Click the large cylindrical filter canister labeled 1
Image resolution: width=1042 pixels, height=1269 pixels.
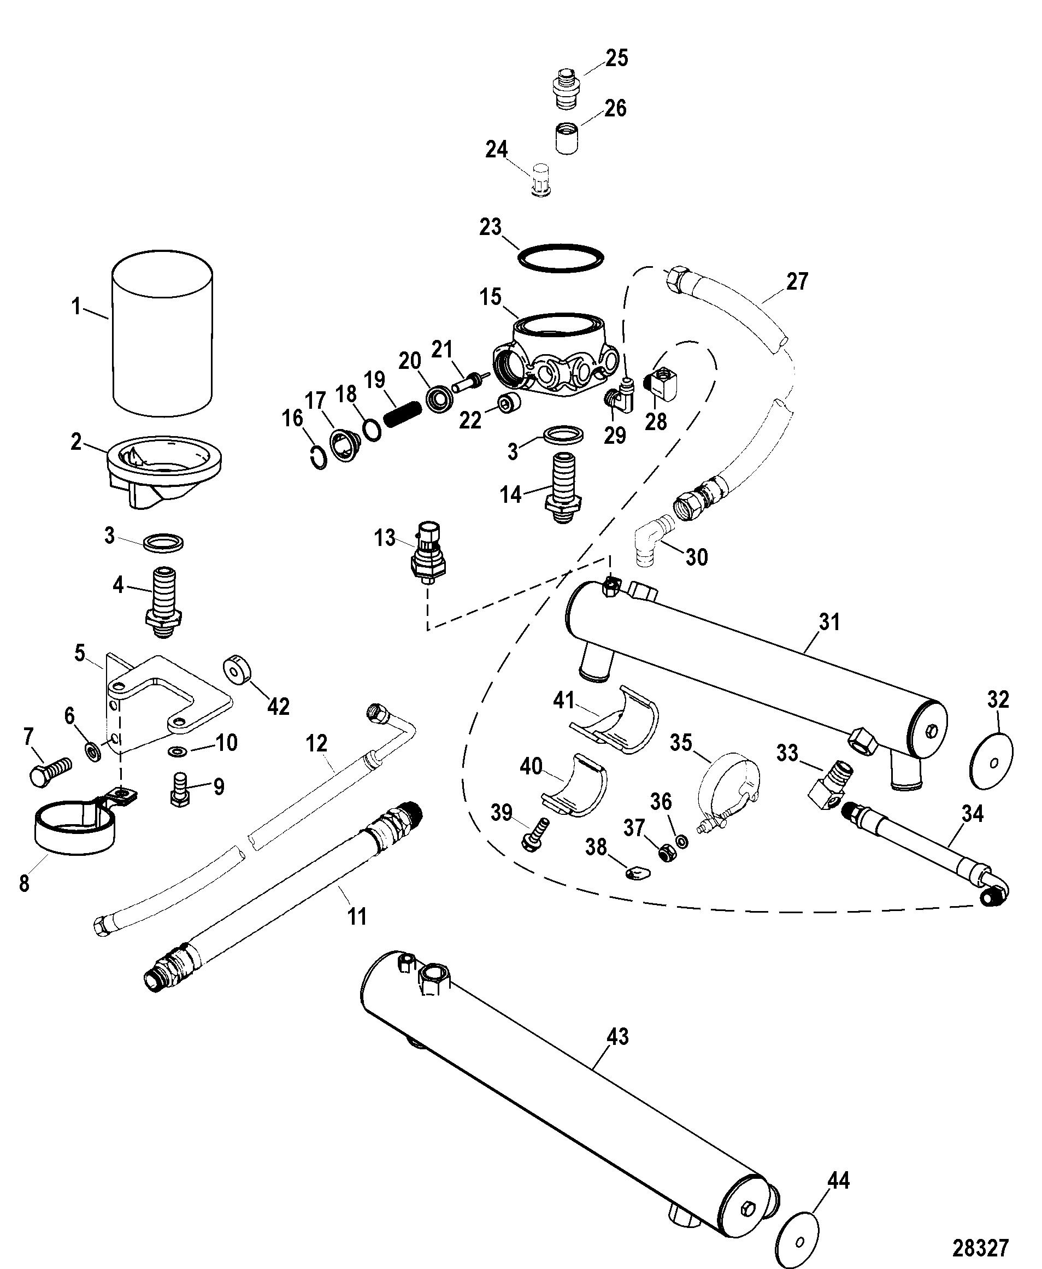[162, 334]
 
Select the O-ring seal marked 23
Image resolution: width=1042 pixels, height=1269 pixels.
[560, 257]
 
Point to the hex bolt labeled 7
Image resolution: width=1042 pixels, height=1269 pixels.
[50, 771]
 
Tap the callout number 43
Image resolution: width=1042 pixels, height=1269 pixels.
[617, 1037]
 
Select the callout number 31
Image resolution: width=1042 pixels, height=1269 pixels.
[829, 622]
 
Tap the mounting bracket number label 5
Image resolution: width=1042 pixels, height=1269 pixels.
[80, 653]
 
